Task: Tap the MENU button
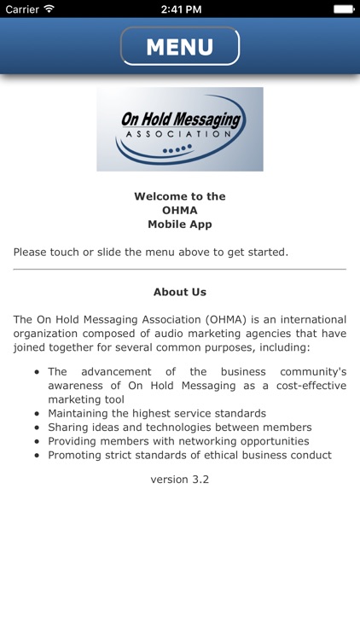(179, 46)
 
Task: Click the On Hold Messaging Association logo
(179, 129)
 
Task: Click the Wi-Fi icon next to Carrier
(49, 9)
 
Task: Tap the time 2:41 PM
(179, 9)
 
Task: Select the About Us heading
(180, 292)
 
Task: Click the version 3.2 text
(180, 480)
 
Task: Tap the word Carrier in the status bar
(21, 9)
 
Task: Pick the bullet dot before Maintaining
(37, 414)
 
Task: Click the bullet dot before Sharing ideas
(37, 428)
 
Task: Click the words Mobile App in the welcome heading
(179, 224)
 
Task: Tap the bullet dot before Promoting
(37, 455)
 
